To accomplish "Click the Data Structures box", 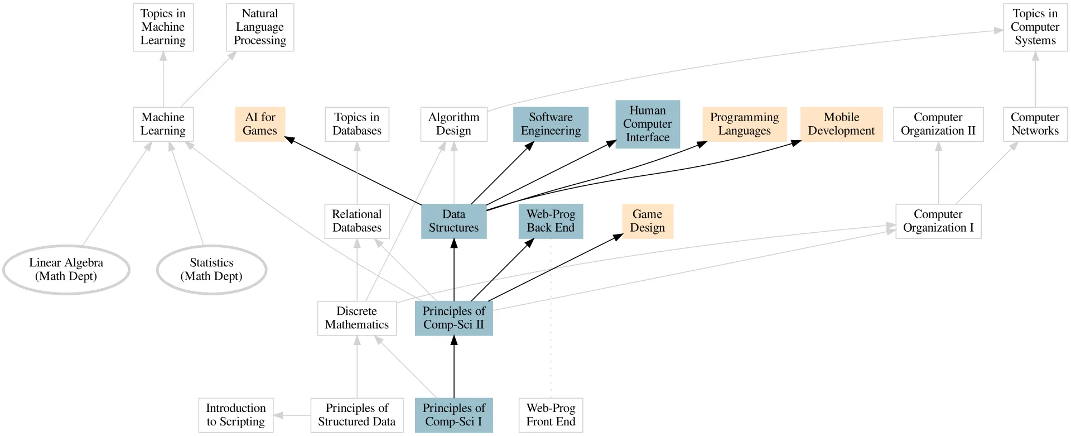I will coord(454,221).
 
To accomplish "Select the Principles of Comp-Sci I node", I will coord(454,415).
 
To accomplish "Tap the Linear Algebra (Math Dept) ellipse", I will coord(66,270).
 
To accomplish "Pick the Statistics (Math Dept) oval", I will coord(211,270).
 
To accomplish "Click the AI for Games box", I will coord(260,124).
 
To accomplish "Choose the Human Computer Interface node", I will coord(647,124).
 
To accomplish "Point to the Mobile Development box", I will coord(841,124).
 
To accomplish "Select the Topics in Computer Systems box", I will coord(1035,27).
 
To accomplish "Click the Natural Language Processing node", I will coord(260,27).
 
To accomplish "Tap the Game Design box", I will coord(647,221).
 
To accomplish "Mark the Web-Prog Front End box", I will coord(551,415).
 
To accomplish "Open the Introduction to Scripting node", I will coord(236,415).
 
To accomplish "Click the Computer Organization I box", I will coord(938,221).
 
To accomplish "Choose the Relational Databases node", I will coord(357,221).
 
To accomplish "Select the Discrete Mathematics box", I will coord(357,318).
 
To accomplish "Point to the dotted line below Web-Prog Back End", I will coord(551,318).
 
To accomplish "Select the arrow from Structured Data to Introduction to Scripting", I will coord(292,415).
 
